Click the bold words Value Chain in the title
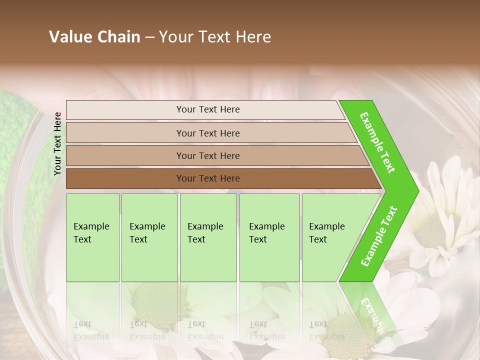click(94, 37)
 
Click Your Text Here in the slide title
click(215, 37)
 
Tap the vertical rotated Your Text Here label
click(57, 143)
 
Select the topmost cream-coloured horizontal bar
click(205, 109)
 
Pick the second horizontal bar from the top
click(210, 133)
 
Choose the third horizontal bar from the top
click(215, 155)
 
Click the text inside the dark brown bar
click(208, 178)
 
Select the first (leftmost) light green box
click(92, 237)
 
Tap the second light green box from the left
click(149, 237)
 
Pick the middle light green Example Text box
click(208, 237)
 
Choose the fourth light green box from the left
click(269, 237)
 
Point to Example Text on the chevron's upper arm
click(377, 142)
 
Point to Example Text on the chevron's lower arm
click(378, 236)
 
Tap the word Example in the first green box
click(91, 226)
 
